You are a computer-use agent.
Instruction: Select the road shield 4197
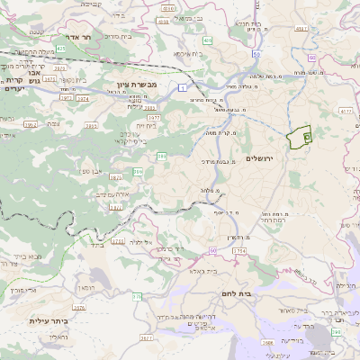click(x=301, y=29)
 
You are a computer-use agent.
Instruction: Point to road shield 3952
click(x=30, y=125)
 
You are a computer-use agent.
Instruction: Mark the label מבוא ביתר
click(x=25, y=256)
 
